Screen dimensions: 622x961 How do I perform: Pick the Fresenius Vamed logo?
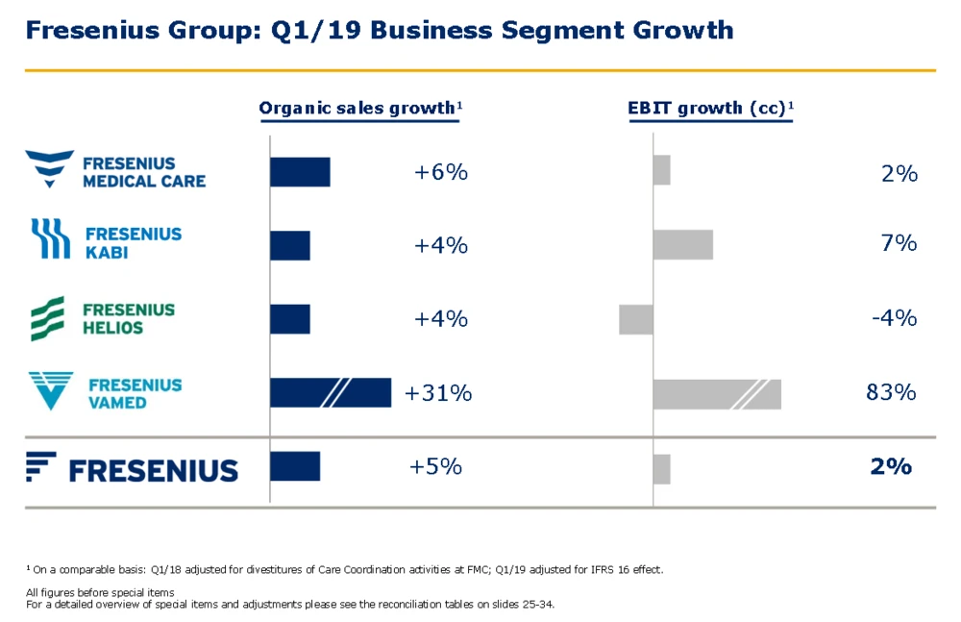(105, 391)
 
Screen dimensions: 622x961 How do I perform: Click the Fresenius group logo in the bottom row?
(132, 468)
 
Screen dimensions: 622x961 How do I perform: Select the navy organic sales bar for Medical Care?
(300, 172)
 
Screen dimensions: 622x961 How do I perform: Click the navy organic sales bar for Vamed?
(331, 392)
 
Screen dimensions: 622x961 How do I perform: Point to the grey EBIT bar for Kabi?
(682, 244)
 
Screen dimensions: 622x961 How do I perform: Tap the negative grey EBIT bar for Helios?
(635, 319)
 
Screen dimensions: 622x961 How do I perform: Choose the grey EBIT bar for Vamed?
(716, 394)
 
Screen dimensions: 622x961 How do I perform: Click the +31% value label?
(438, 392)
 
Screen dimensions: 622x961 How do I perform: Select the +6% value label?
(441, 172)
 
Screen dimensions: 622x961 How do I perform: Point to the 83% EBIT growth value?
(891, 392)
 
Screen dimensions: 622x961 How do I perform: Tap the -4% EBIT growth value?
(894, 317)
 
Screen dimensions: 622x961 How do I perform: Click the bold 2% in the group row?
(890, 466)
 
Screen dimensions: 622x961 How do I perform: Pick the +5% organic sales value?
(435, 466)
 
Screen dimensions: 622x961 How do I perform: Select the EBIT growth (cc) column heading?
(710, 108)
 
